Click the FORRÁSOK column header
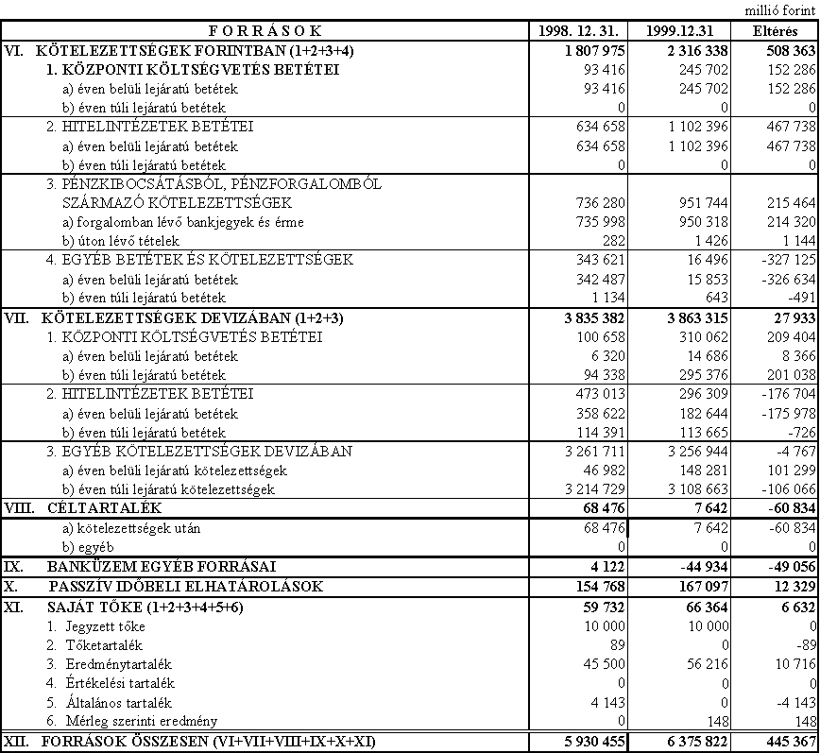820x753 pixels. (x=265, y=31)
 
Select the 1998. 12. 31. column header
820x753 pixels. (x=577, y=31)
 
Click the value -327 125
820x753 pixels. (x=781, y=259)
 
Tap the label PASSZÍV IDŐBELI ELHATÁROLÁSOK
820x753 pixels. (x=186, y=587)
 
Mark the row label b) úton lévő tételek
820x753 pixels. (x=119, y=240)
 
